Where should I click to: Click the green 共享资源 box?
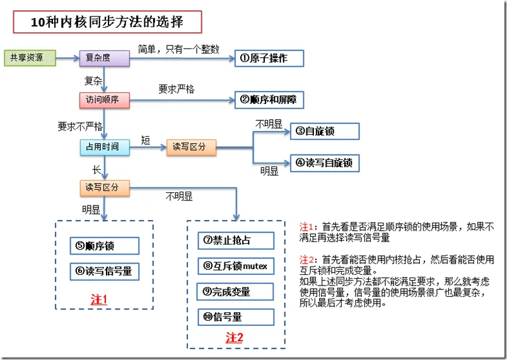30,58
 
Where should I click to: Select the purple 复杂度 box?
105,58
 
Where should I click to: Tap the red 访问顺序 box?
105,100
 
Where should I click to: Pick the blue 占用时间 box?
105,148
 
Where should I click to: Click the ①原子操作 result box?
269,59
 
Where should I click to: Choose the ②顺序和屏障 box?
269,100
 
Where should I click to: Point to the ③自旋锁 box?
325,131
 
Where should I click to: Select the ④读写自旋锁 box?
325,163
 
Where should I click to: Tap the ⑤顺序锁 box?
105,246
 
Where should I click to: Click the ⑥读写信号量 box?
105,272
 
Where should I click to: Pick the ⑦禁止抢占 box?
236,240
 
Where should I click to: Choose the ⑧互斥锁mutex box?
236,266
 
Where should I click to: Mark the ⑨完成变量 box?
235,292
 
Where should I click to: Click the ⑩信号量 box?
236,317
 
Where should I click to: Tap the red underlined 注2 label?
234,338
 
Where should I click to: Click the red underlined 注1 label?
99,299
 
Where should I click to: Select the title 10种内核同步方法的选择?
107,22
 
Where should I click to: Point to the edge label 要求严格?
177,89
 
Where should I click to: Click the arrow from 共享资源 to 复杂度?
67,58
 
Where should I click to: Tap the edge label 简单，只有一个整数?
179,49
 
